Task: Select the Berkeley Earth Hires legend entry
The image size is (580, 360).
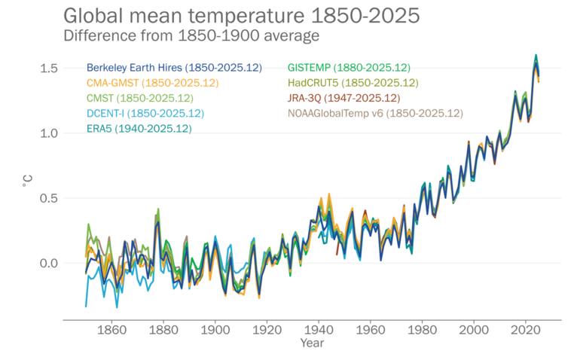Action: coord(174,68)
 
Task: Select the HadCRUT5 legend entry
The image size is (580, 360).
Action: coord(353,83)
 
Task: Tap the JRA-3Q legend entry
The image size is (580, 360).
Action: coord(343,98)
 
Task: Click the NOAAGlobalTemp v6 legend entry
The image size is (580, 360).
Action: coord(374,113)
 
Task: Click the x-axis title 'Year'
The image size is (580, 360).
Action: coord(312,343)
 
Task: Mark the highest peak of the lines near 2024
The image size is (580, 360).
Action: coord(536,56)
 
